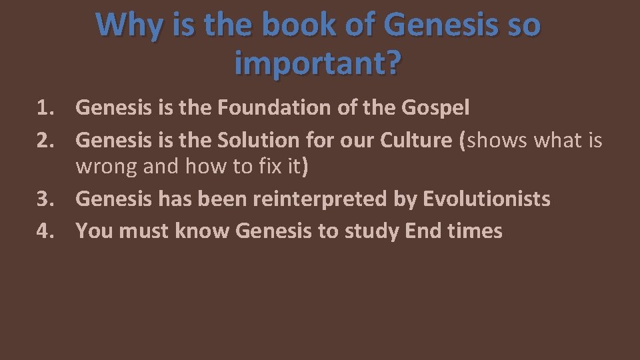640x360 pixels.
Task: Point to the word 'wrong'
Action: pyautogui.click(x=106, y=166)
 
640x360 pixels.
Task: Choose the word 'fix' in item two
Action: pyautogui.click(x=267, y=166)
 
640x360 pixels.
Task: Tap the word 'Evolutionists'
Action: pyautogui.click(x=487, y=199)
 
